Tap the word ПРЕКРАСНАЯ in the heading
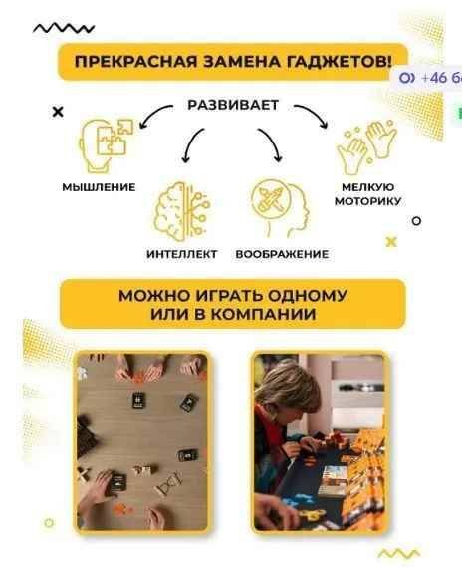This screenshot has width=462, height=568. click(x=136, y=61)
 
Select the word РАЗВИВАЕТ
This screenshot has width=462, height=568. click(x=233, y=105)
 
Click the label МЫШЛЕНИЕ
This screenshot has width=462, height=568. click(x=99, y=187)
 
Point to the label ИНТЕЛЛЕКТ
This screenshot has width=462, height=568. click(x=182, y=254)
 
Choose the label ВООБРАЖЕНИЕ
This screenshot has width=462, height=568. click(x=282, y=254)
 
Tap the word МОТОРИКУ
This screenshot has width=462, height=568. click(x=367, y=201)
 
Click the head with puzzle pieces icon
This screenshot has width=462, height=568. click(x=105, y=144)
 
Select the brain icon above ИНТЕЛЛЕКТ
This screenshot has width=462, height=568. click(x=182, y=211)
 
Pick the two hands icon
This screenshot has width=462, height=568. click(x=366, y=147)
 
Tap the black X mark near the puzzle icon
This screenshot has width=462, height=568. click(x=58, y=112)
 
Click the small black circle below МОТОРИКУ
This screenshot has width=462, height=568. click(x=417, y=220)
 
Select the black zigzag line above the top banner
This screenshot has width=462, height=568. click(x=64, y=28)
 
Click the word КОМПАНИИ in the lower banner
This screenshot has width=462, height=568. click(x=263, y=314)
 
